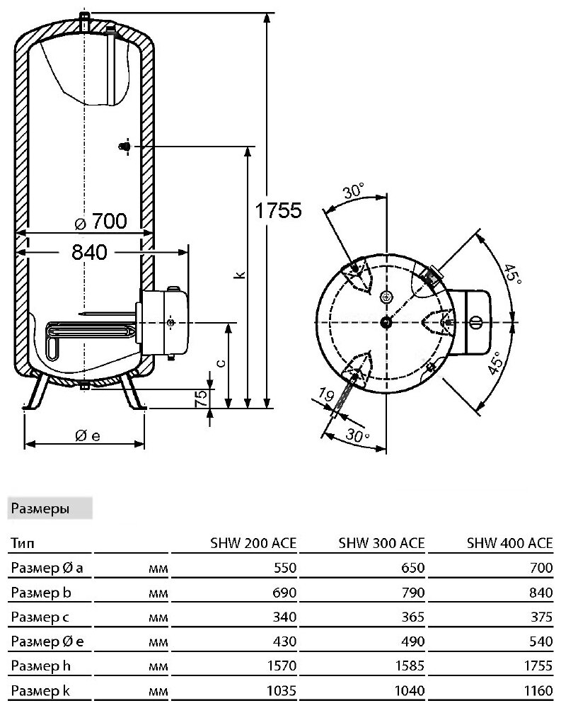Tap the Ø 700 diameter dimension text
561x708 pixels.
pos(100,222)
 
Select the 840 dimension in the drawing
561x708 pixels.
pos(89,251)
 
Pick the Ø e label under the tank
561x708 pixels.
pos(88,435)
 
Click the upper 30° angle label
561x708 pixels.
pos(352,191)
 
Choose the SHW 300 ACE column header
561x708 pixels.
pos(383,543)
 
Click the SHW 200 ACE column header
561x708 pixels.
pos(253,543)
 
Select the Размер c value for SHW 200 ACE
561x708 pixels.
pos(283,617)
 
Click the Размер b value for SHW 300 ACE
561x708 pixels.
pos(412,592)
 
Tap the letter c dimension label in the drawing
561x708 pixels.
pos(221,363)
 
